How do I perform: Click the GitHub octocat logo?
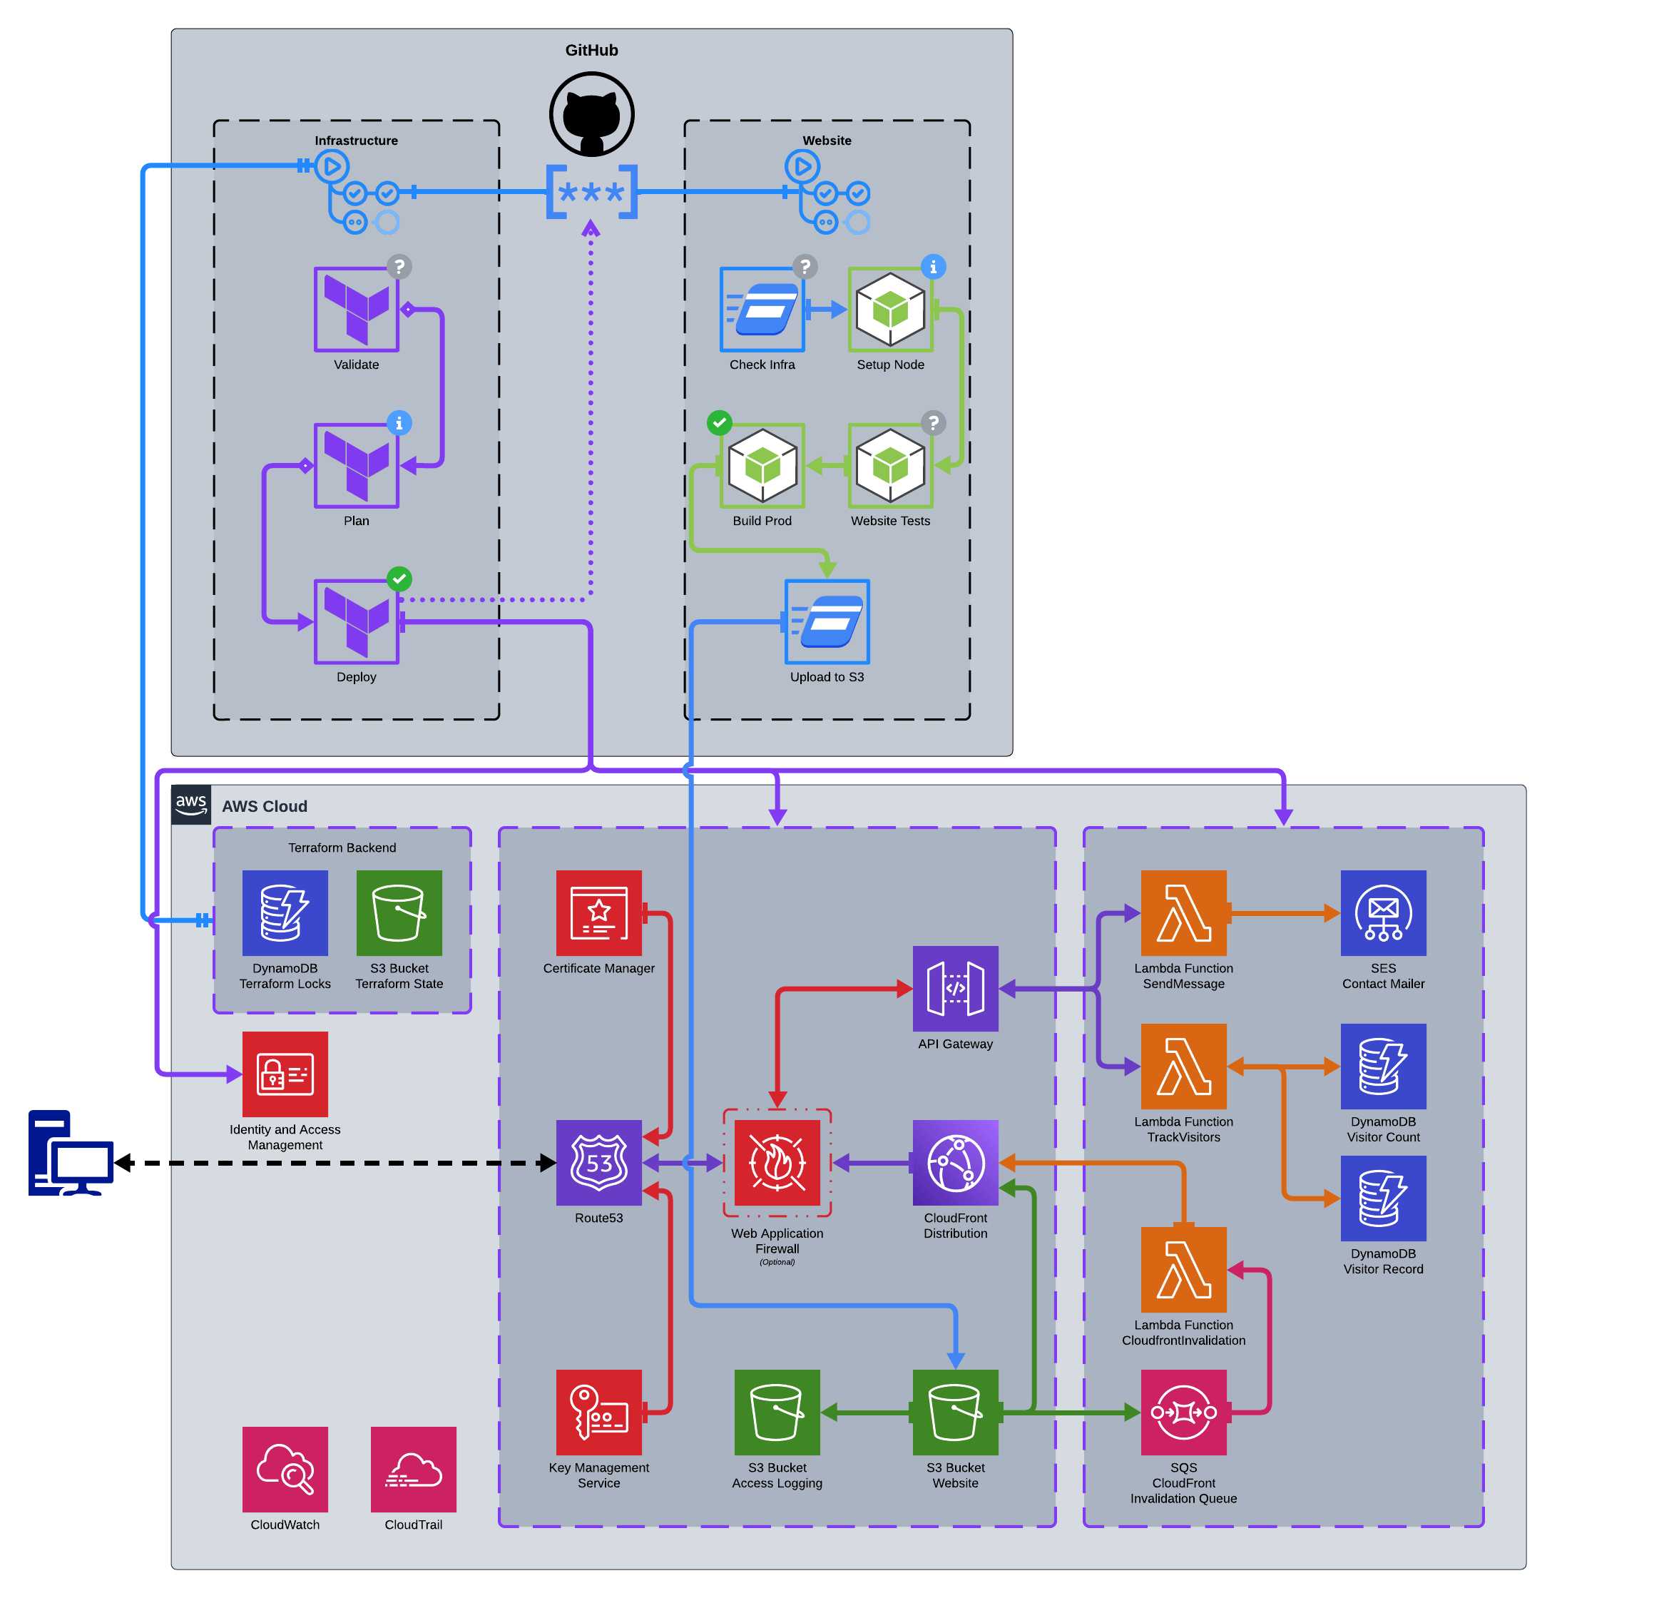(x=592, y=114)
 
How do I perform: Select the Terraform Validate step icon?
(x=356, y=309)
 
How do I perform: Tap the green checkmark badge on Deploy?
(x=399, y=579)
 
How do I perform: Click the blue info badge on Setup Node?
(x=933, y=267)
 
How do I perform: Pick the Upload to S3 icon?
(x=827, y=622)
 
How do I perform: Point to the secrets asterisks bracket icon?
(x=592, y=193)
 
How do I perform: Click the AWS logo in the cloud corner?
(x=190, y=805)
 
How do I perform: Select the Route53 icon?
(x=598, y=1163)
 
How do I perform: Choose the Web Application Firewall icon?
(x=777, y=1163)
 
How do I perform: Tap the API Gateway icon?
(x=956, y=989)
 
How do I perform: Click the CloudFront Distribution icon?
(x=956, y=1163)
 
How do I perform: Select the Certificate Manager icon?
(x=598, y=913)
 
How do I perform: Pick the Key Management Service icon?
(x=598, y=1413)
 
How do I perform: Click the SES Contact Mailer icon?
(x=1384, y=913)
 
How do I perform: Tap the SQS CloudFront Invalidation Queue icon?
(x=1183, y=1413)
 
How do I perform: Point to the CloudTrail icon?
(x=414, y=1470)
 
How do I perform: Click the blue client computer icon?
(x=71, y=1153)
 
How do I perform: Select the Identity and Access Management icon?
(x=285, y=1074)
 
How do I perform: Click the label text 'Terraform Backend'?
(x=342, y=848)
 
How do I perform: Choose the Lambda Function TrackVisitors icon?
(x=1183, y=1067)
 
